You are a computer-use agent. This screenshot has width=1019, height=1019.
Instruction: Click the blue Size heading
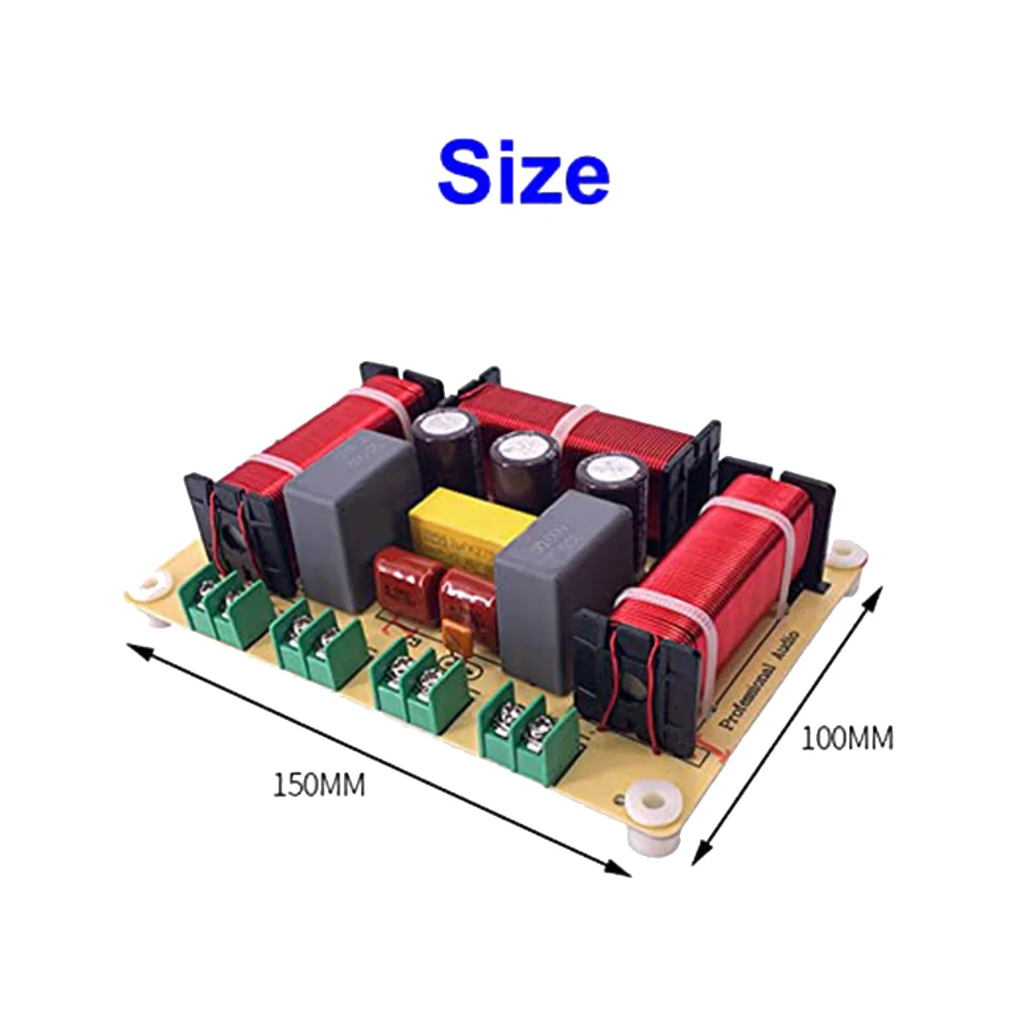[523, 174]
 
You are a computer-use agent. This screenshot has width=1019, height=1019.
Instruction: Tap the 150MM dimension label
[318, 784]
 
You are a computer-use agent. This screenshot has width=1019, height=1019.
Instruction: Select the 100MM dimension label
[847, 738]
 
